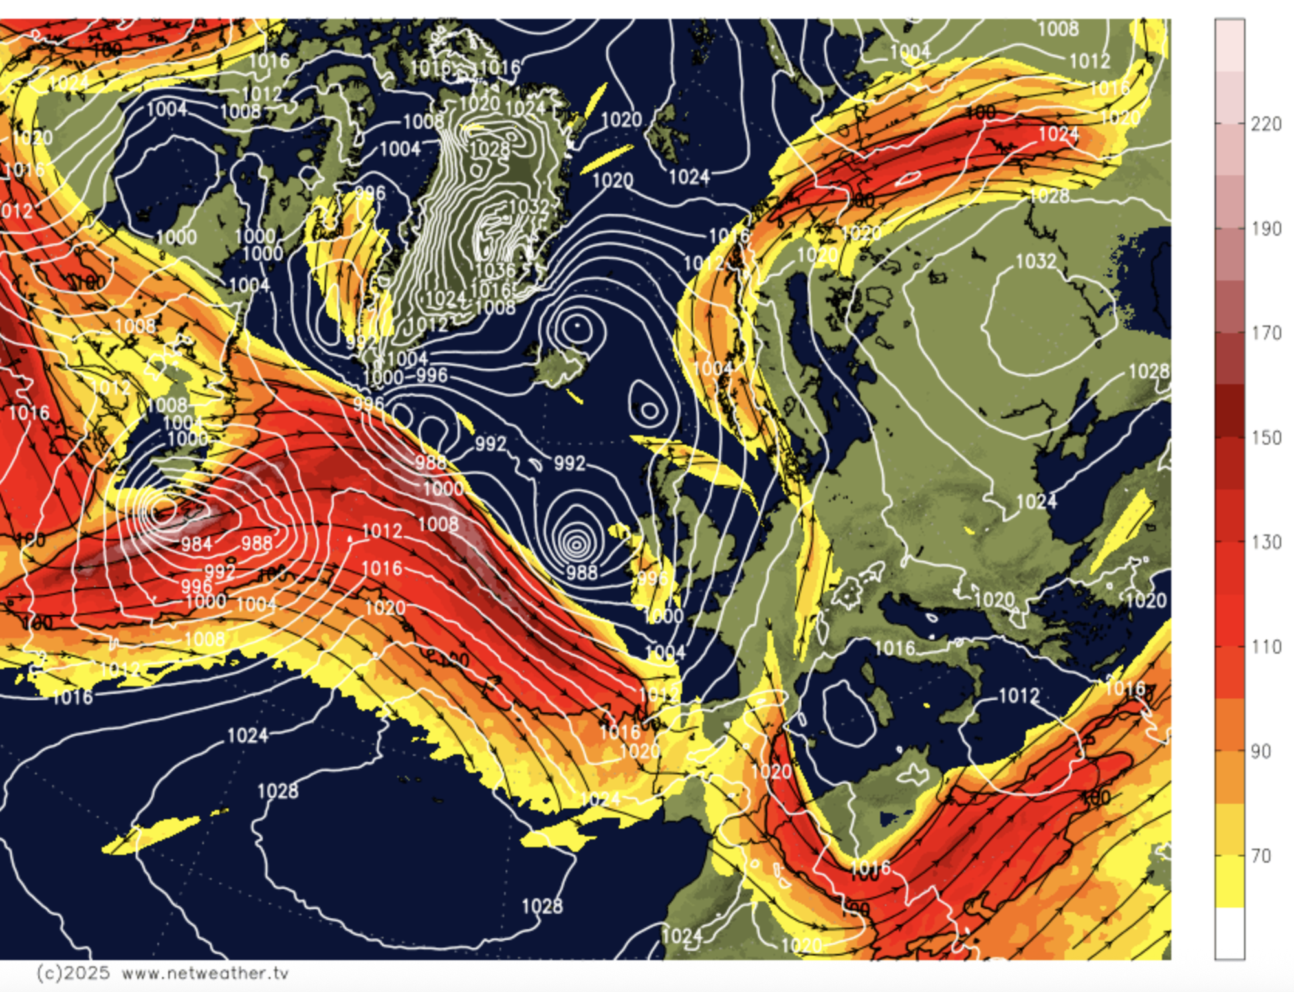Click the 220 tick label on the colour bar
click(1266, 124)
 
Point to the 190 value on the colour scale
click(1266, 228)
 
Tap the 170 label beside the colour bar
click(1266, 333)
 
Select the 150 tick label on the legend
click(1266, 437)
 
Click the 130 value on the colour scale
click(1266, 542)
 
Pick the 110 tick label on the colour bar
click(1266, 646)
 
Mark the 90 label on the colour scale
click(1260, 751)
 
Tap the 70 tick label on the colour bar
click(1260, 855)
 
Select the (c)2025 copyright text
click(73, 973)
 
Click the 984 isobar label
click(196, 544)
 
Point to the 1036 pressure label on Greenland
click(495, 270)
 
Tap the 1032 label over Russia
click(1035, 261)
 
